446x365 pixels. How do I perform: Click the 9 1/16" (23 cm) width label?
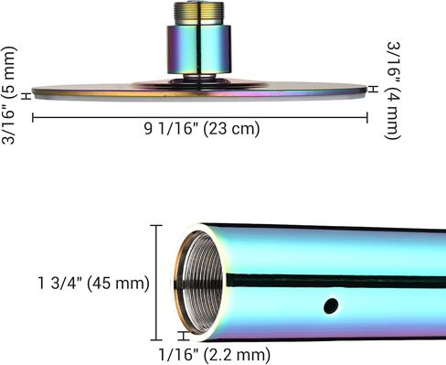[202, 128]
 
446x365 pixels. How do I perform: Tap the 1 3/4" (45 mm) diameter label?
[93, 283]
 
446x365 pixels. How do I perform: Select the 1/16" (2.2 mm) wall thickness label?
[215, 354]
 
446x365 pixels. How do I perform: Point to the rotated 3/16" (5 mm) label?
[8, 95]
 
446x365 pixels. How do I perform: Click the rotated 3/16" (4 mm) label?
[393, 91]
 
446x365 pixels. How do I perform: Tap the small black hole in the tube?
[331, 306]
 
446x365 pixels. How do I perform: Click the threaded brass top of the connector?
[199, 13]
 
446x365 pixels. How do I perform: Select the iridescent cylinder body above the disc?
[199, 49]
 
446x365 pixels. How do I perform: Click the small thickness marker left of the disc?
[27, 96]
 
